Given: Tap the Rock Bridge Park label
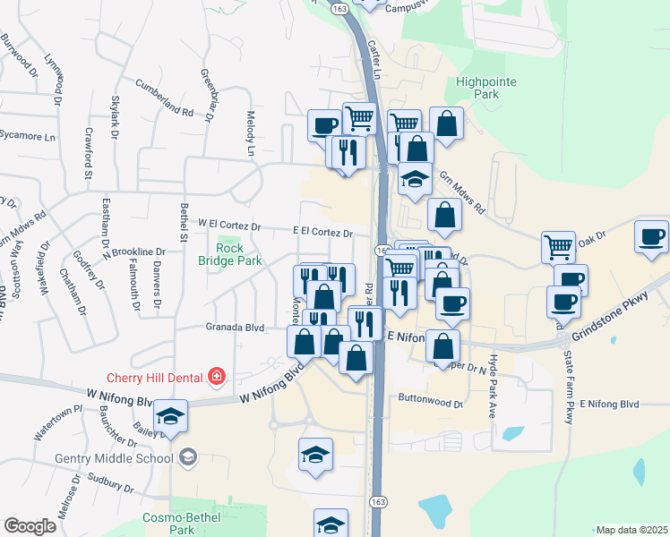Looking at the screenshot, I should coord(229,254).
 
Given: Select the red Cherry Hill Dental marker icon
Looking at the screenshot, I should coord(216,377).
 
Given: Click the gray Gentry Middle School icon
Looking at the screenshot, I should coord(187,458).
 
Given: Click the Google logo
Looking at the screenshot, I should coord(30,526).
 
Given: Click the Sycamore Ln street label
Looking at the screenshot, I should coord(27,137).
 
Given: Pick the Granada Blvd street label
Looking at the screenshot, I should coord(235,328).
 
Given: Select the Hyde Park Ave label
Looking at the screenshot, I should coord(492,391).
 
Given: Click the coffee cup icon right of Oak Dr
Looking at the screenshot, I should coord(652,237).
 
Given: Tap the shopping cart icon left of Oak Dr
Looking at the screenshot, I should coord(558,246).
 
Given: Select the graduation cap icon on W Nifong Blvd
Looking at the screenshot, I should coord(170,416).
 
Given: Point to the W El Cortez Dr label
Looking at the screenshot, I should coord(228,225).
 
